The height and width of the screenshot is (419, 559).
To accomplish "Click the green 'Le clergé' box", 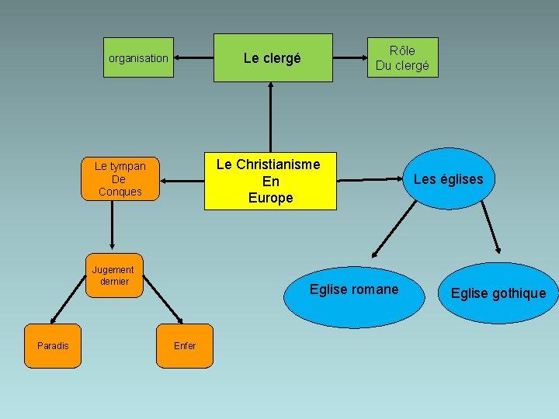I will [273, 58].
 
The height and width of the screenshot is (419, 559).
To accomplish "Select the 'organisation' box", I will [138, 58].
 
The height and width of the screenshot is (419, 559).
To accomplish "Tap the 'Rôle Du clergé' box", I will [402, 58].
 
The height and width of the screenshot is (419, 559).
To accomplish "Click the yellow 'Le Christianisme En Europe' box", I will [270, 181].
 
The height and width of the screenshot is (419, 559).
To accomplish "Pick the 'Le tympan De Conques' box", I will [120, 179].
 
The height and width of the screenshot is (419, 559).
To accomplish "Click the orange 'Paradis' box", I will [53, 346].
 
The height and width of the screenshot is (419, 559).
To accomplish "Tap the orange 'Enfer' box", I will [185, 346].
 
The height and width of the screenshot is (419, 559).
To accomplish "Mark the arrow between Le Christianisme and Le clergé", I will [271, 116].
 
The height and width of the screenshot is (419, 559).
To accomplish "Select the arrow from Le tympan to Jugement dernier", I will [113, 225].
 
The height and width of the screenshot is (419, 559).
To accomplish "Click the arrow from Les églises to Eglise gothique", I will [490, 228].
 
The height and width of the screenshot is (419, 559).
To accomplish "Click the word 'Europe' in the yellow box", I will [270, 198].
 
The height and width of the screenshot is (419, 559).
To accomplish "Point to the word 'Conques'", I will [120, 192].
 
